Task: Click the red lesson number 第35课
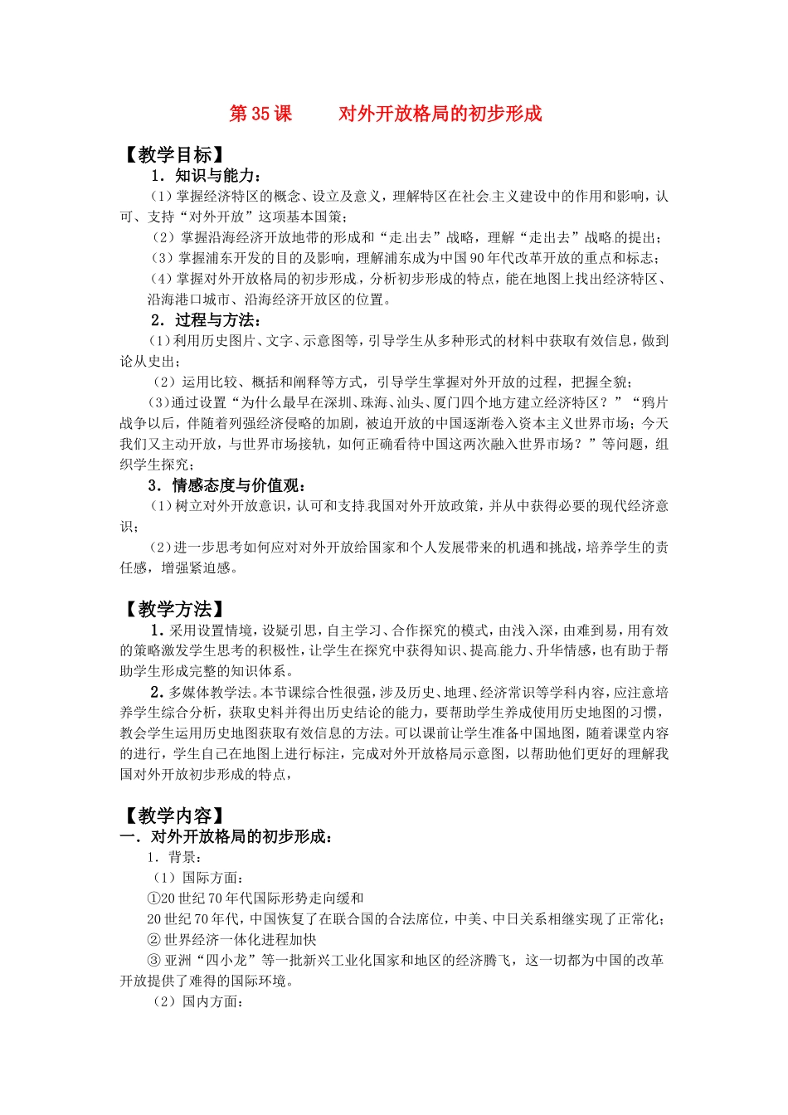[260, 114]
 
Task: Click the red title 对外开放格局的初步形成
[440, 114]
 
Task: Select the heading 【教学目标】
[174, 155]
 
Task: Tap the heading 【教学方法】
[174, 610]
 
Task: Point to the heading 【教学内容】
[174, 816]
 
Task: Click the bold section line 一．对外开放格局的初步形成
[227, 837]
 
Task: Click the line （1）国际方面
[197, 878]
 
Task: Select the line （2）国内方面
[197, 1001]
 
